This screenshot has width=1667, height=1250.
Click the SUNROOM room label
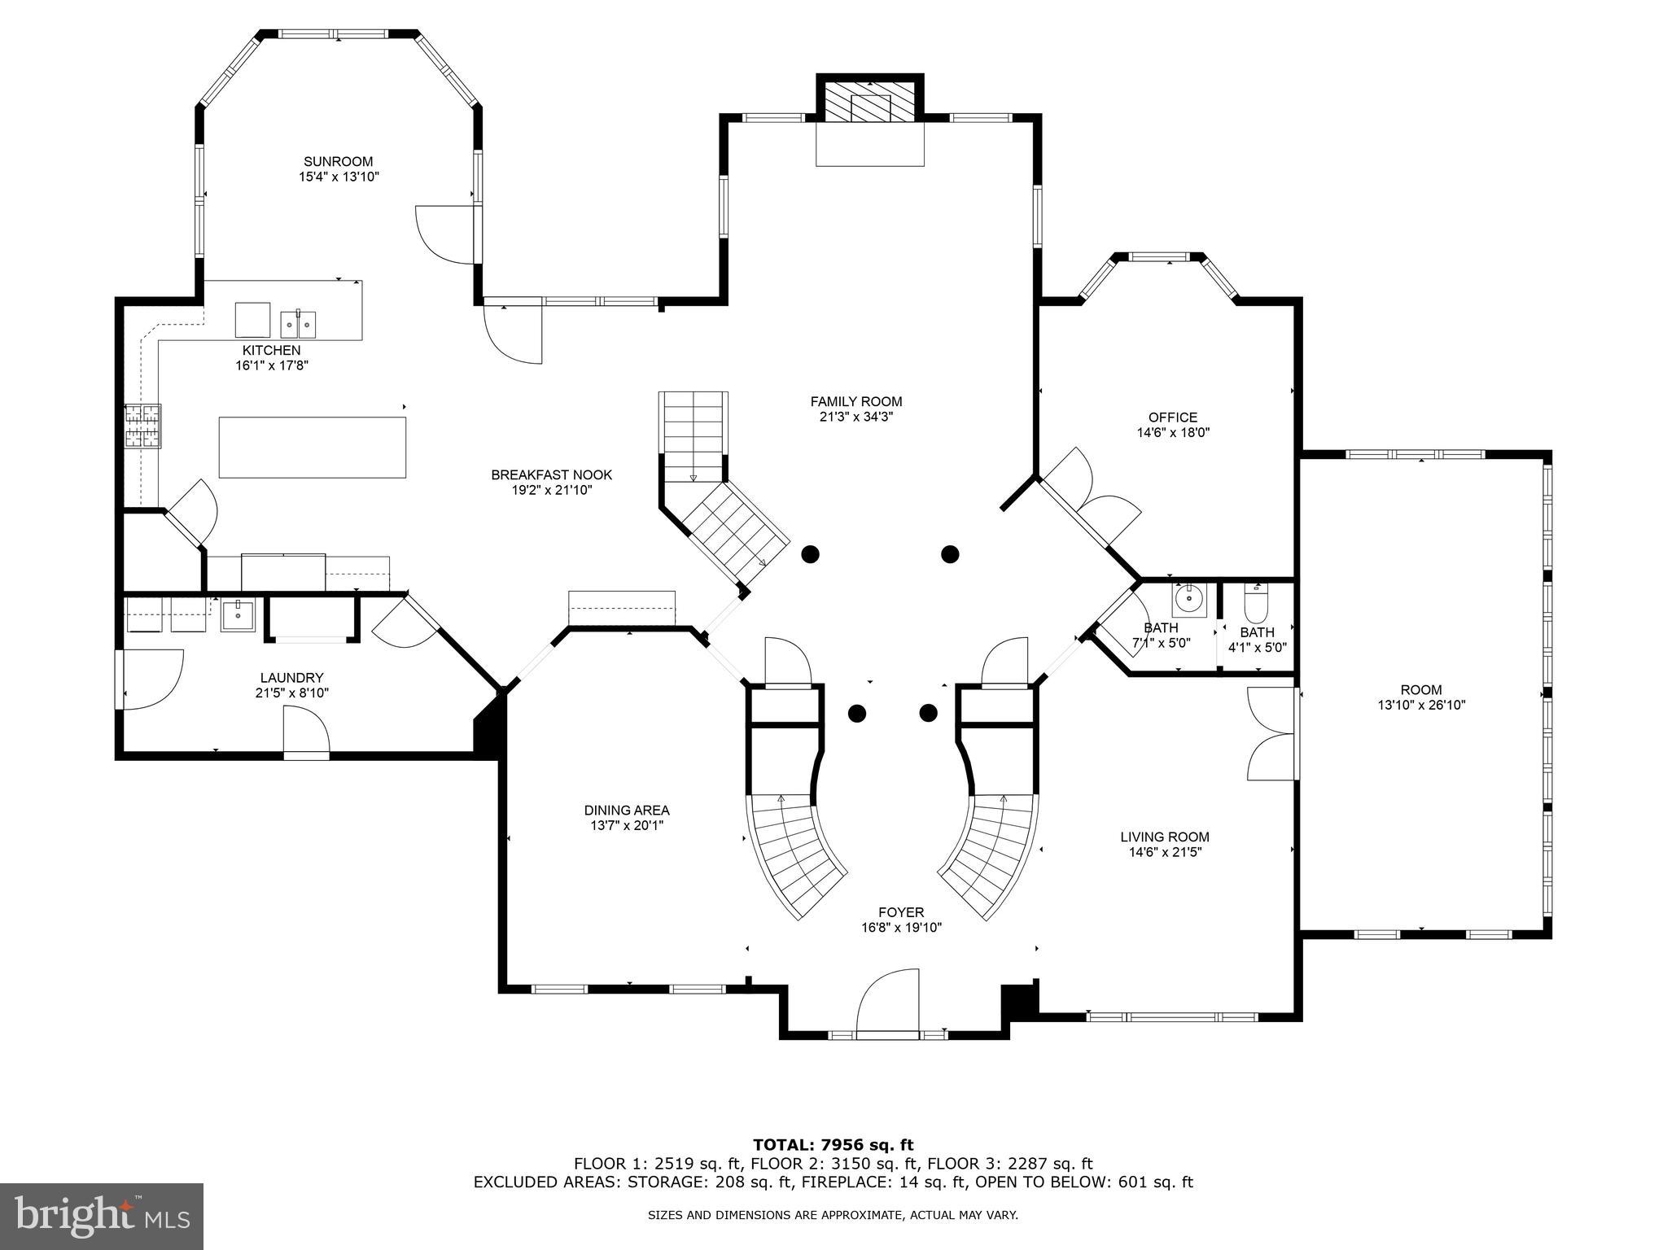pyautogui.click(x=338, y=161)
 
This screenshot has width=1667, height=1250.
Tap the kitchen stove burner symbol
pyautogui.click(x=142, y=426)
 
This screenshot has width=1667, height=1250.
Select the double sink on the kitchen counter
pyautogui.click(x=299, y=324)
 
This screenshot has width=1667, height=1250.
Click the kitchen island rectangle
pyautogui.click(x=312, y=447)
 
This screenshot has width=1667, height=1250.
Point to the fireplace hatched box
pyautogui.click(x=870, y=103)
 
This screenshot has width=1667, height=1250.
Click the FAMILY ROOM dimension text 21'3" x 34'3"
pyautogui.click(x=856, y=417)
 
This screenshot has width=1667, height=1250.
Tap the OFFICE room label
pyautogui.click(x=1172, y=417)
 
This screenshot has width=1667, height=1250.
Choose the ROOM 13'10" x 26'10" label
pyautogui.click(x=1421, y=690)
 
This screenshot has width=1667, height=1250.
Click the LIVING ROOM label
pyautogui.click(x=1164, y=837)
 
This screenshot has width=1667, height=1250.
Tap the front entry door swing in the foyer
pyautogui.click(x=888, y=1002)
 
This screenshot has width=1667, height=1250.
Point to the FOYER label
pyautogui.click(x=901, y=912)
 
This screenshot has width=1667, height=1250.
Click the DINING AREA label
pyautogui.click(x=627, y=810)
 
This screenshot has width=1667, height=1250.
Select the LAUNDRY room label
pyautogui.click(x=291, y=677)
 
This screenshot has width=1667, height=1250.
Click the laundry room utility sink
pyautogui.click(x=238, y=615)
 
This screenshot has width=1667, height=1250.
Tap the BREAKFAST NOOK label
pyautogui.click(x=551, y=474)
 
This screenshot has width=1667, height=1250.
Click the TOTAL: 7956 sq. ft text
pyautogui.click(x=833, y=1145)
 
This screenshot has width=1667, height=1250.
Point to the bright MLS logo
pyautogui.click(x=102, y=1217)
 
